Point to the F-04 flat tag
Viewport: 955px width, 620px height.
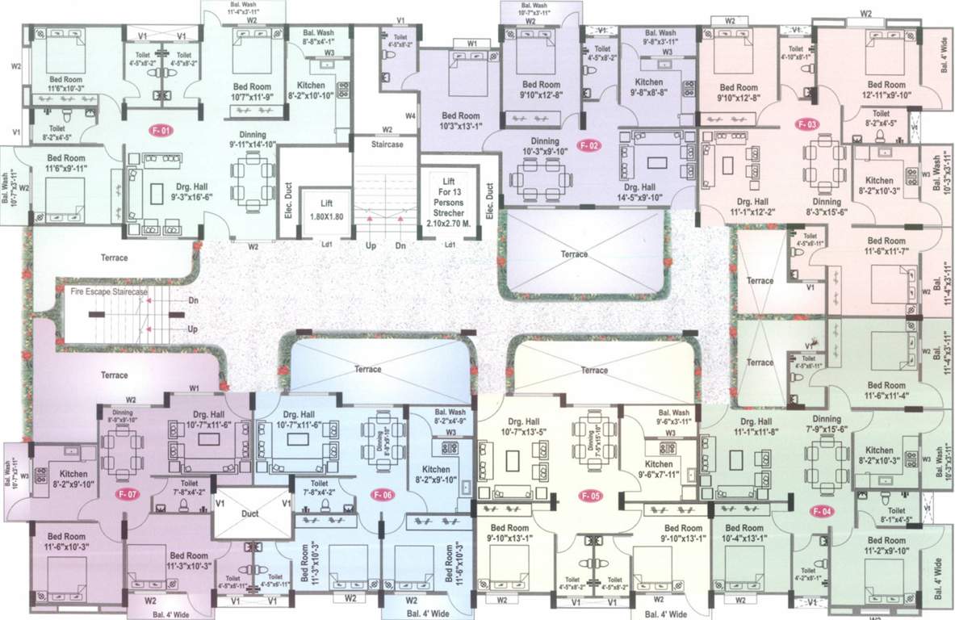pyautogui.click(x=823, y=511)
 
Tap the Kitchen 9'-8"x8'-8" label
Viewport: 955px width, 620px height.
pyautogui.click(x=649, y=88)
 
